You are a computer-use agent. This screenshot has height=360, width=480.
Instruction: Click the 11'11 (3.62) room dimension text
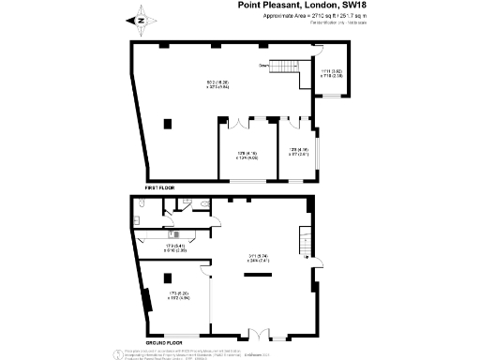click(x=333, y=72)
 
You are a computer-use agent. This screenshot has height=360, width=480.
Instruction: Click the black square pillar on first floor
click(x=168, y=122)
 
